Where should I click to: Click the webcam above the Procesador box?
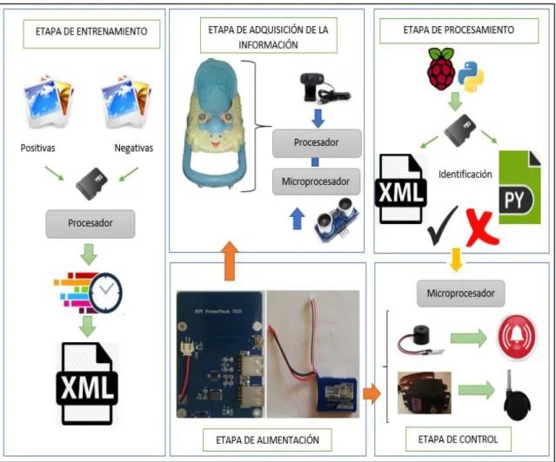(325, 88)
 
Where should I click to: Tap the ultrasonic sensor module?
(338, 220)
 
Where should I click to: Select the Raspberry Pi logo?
(441, 69)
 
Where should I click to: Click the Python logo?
(471, 76)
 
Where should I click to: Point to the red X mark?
(481, 228)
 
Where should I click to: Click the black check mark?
(443, 225)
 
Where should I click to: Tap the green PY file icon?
(519, 188)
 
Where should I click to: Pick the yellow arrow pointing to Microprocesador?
(456, 260)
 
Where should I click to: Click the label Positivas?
(38, 148)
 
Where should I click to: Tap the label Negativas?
(134, 148)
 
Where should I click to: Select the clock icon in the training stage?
(105, 292)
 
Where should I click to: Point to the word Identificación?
(466, 175)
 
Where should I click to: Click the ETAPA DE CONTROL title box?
(459, 439)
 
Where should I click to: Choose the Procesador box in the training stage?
(90, 224)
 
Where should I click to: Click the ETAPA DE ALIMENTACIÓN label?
(267, 440)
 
